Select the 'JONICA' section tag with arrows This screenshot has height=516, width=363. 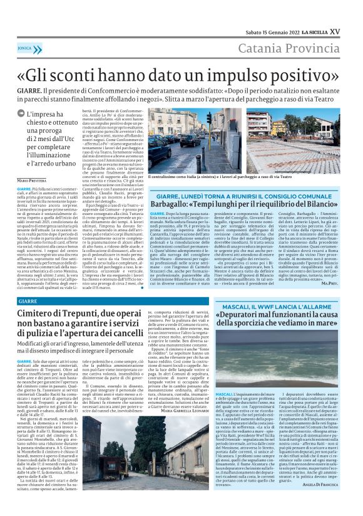[26, 47]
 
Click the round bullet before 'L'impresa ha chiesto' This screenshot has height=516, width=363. [23, 115]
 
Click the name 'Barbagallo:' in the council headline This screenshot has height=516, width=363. [176, 204]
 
